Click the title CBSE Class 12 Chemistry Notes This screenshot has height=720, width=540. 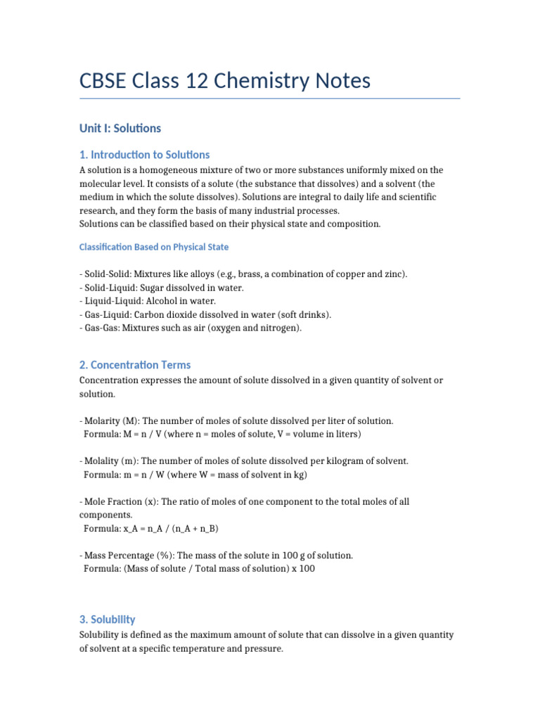(225, 81)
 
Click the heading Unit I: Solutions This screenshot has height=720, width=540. (120, 128)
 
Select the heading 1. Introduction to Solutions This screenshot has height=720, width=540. (144, 155)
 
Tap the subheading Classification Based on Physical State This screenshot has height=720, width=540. (153, 247)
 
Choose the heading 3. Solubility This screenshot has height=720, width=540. (108, 619)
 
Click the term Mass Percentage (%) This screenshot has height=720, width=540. (129, 555)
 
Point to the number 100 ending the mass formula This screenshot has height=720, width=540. (307, 569)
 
